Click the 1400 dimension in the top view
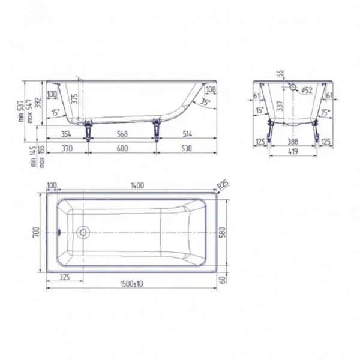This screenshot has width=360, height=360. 137,187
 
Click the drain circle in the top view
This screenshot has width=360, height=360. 83,232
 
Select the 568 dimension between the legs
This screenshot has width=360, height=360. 123,133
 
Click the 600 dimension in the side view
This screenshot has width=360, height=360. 123,148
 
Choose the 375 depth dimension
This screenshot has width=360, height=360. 75,99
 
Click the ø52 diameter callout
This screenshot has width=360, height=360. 305,90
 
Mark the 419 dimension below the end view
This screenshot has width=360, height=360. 293,152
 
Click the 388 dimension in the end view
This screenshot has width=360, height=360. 293,142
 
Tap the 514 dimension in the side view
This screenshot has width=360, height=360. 187,133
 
